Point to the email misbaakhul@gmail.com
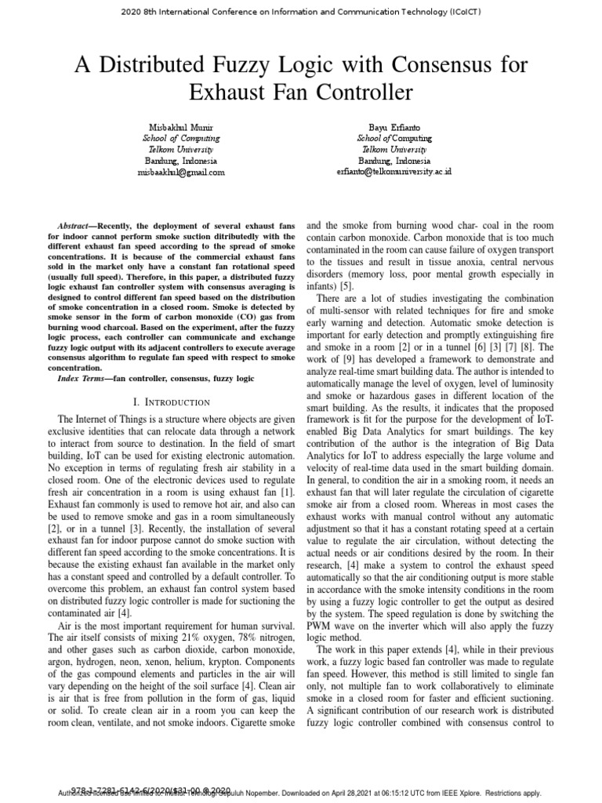[180, 172]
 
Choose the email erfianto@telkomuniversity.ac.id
[393, 172]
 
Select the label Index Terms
[84, 379]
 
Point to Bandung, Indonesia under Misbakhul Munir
[180, 161]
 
